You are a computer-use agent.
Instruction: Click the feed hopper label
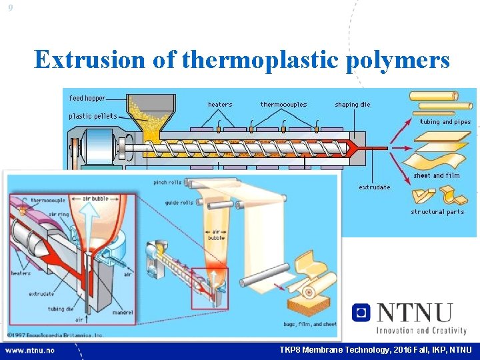[x=87, y=99]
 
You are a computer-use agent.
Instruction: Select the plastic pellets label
[x=93, y=116]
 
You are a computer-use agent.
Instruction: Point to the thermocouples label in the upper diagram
[x=283, y=105]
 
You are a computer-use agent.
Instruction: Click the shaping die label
[x=352, y=105]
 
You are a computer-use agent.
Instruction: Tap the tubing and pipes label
[x=445, y=122]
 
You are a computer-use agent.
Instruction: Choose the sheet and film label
[x=436, y=176]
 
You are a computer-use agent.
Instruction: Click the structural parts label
[x=437, y=212]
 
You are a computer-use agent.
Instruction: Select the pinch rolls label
[x=168, y=182]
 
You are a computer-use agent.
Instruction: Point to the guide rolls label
[x=168, y=203]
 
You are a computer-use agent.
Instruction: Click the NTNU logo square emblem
[x=361, y=312]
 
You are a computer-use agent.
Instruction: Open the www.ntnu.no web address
[x=30, y=350]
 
